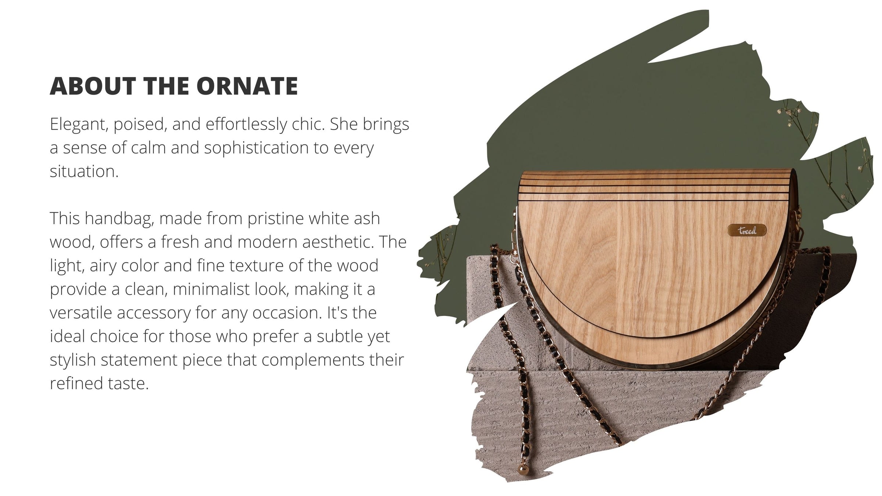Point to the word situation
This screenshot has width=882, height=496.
84,172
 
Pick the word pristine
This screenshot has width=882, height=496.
275,219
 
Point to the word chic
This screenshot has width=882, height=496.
309,124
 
